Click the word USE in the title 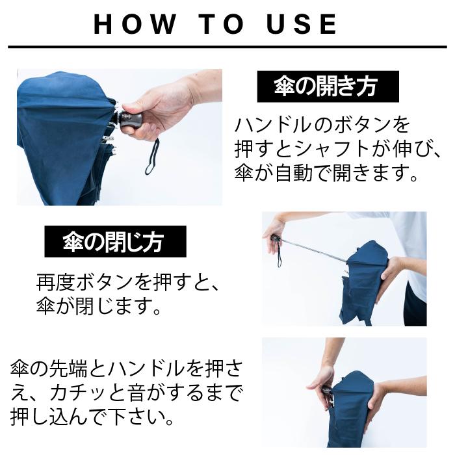tap(303, 24)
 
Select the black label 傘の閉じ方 tap(115, 242)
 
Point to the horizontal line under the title tap(227, 47)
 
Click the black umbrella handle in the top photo tap(133, 120)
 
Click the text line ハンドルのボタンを tap(322, 125)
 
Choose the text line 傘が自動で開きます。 tap(335, 174)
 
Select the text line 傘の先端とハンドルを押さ tap(127, 367)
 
